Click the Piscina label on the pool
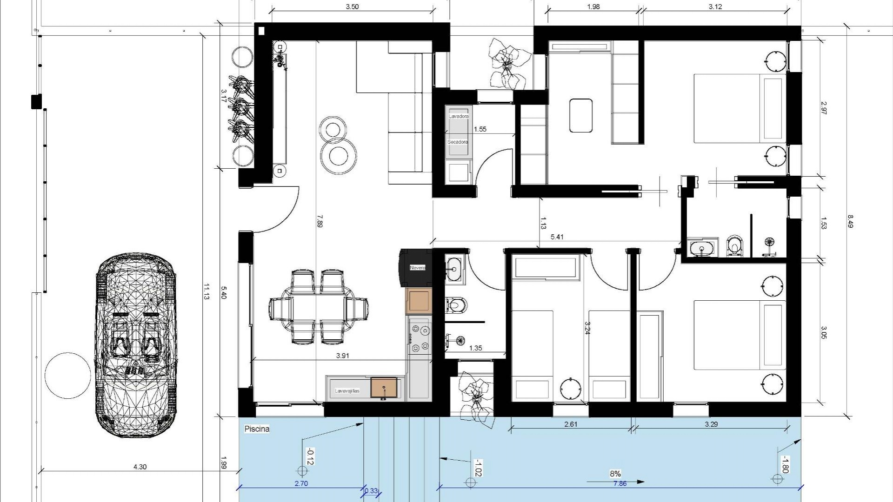(x=257, y=429)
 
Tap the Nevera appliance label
(x=417, y=268)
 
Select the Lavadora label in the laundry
(x=459, y=116)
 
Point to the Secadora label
(x=458, y=142)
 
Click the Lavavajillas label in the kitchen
(x=347, y=391)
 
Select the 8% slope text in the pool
(x=615, y=474)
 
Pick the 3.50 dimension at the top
(x=353, y=7)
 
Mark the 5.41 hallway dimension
(x=557, y=237)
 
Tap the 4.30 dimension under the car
(x=140, y=467)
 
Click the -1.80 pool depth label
(x=785, y=465)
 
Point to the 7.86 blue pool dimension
(x=620, y=484)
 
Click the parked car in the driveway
(x=136, y=345)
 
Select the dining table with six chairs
(x=319, y=308)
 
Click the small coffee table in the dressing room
(x=581, y=115)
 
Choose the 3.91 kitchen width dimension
(x=342, y=356)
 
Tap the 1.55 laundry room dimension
(x=480, y=129)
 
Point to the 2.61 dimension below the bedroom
(x=570, y=424)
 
